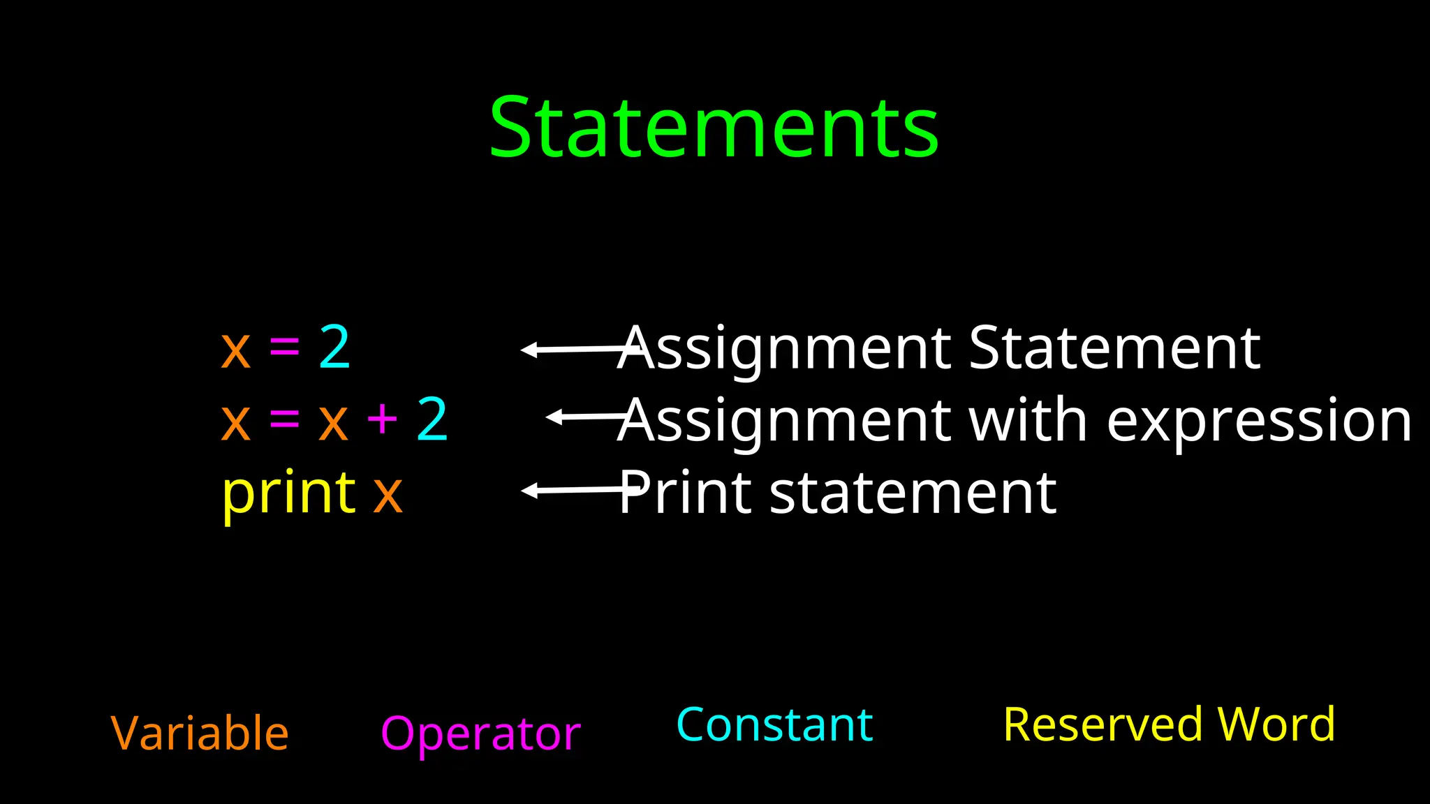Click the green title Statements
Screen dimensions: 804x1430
[x=714, y=128]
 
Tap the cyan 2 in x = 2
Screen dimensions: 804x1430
[x=334, y=348]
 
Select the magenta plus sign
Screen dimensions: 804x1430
[x=382, y=419]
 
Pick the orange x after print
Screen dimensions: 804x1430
[x=388, y=494]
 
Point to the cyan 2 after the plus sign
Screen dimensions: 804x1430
[x=432, y=419]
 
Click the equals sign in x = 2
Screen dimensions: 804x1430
[x=284, y=347]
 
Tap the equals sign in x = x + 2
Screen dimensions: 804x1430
[x=284, y=419]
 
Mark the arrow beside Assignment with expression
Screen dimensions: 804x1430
[x=587, y=417]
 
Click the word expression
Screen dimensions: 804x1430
[x=1260, y=422]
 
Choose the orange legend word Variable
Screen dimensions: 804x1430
[x=200, y=733]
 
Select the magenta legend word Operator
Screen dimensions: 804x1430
[x=480, y=734]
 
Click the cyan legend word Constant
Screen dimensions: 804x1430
[x=774, y=724]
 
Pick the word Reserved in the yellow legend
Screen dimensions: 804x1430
[x=1103, y=724]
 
